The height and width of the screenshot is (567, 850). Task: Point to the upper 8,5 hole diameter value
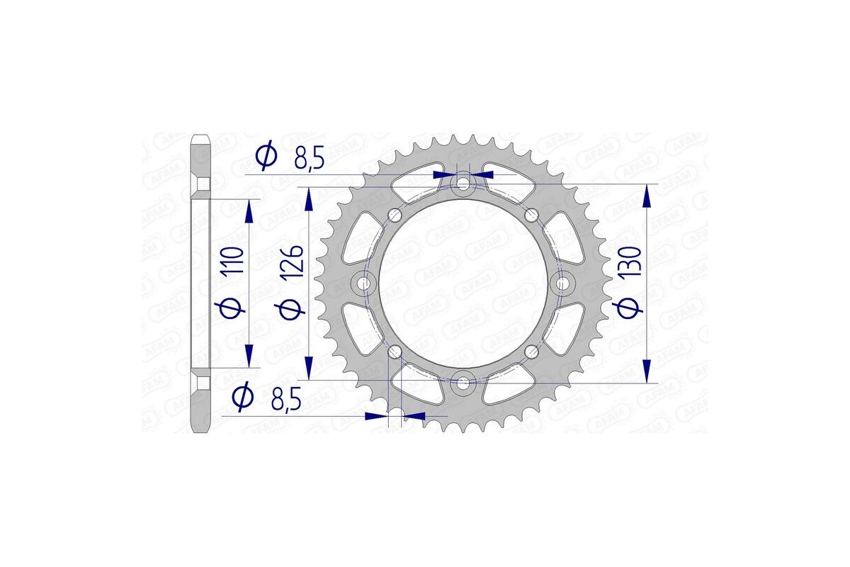point(309,158)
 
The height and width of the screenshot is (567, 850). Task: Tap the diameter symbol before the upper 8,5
point(267,157)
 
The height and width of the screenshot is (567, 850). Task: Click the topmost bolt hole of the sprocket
point(463,184)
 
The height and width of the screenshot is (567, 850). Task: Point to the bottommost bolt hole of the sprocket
point(463,383)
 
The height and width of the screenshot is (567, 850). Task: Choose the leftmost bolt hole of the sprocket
point(365,283)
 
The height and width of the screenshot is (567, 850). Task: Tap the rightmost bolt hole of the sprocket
point(563,283)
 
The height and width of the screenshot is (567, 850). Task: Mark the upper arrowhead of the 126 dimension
point(309,200)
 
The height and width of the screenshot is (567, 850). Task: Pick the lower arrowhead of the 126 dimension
point(309,367)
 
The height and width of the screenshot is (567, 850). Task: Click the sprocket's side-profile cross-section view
point(202,283)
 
